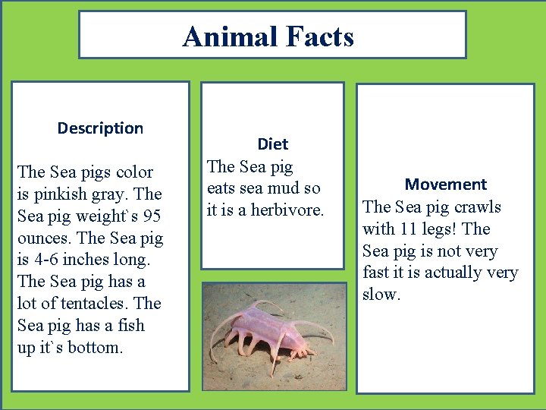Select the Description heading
tap(100, 128)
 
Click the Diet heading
tap(272, 143)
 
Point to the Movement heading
tap(445, 184)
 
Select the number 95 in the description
tap(152, 216)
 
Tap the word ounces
tap(43, 238)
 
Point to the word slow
tap(381, 295)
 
